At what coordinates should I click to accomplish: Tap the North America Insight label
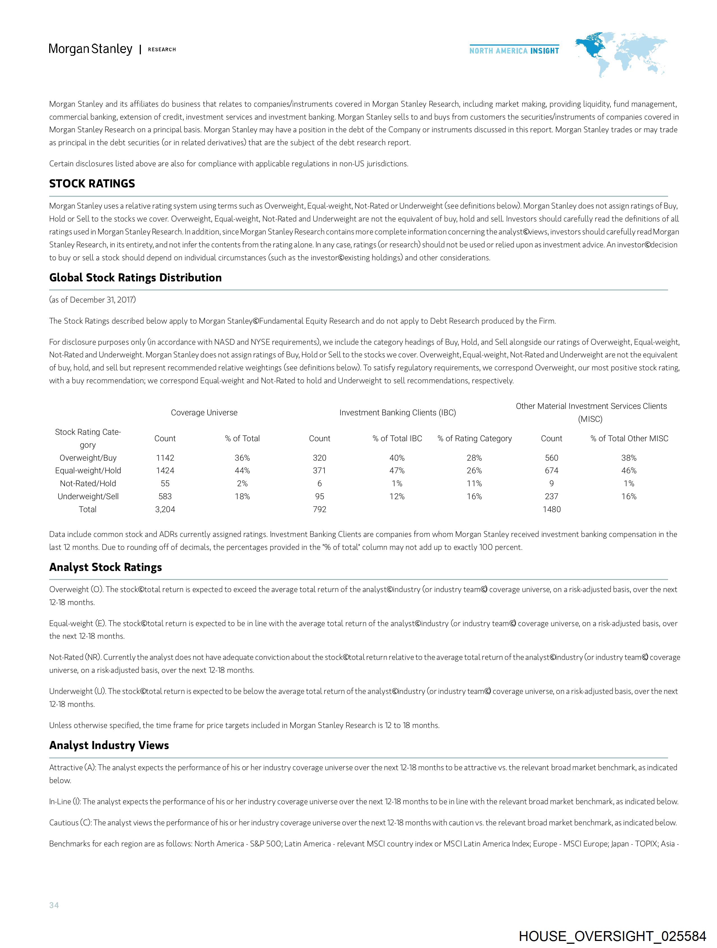(514, 51)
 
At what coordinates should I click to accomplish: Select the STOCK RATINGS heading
(92, 184)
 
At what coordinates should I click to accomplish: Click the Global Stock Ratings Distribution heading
(135, 278)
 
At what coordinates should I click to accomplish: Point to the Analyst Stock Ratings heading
(105, 568)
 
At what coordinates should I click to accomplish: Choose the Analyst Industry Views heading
(109, 745)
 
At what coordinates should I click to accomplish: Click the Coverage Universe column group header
(204, 413)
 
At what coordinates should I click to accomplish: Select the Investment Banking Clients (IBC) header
(398, 413)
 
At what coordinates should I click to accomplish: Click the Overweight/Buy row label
(88, 458)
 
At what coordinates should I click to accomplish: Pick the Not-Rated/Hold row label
(88, 483)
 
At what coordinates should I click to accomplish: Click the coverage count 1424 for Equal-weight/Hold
(165, 470)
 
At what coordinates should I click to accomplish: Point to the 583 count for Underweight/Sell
(165, 496)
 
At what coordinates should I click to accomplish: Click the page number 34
(54, 905)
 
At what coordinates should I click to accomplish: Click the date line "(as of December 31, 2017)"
(93, 300)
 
